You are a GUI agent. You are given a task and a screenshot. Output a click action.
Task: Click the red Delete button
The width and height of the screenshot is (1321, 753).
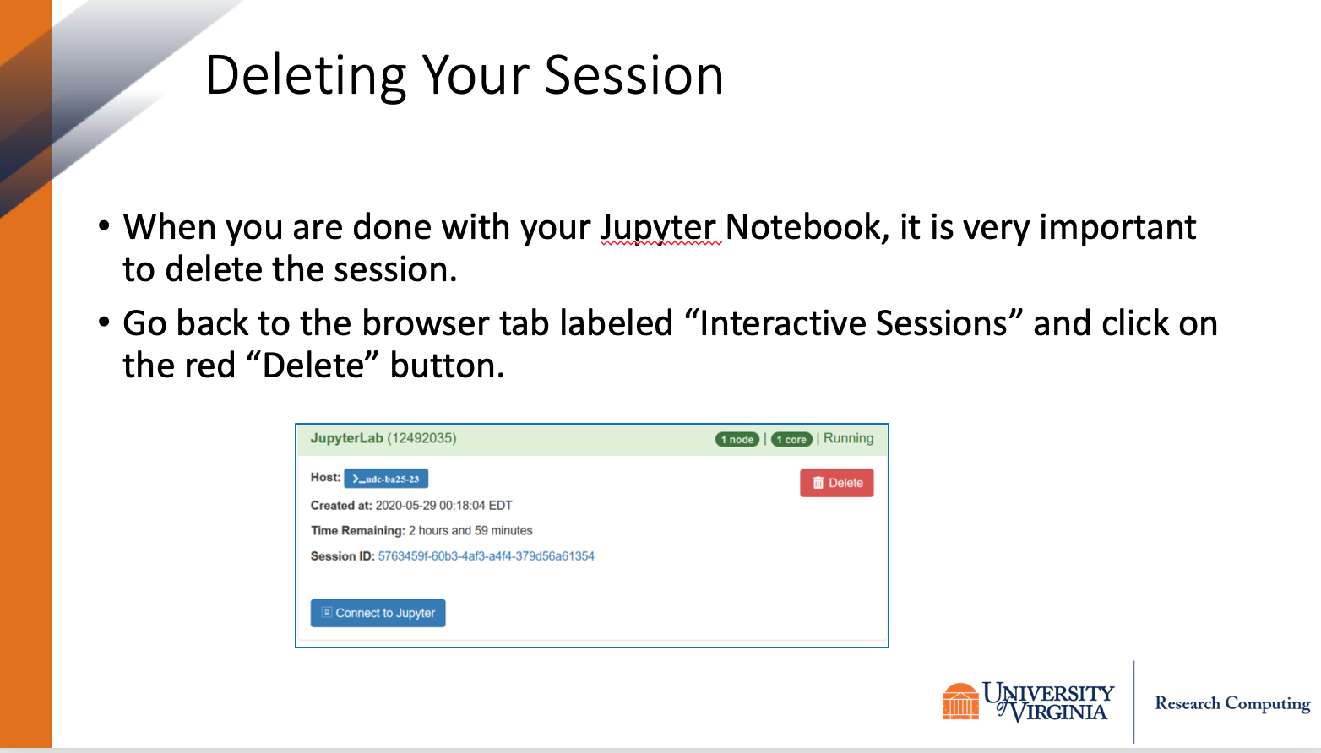pos(836,483)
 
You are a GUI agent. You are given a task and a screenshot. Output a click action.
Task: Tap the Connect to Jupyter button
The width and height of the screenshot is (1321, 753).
pos(378,613)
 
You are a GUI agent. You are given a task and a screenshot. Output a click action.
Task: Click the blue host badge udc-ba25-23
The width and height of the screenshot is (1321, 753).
pos(386,479)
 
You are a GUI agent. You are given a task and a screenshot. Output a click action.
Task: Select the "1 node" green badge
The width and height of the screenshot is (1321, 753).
pos(737,439)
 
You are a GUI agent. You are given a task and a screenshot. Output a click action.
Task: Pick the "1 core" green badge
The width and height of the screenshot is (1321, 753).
pos(791,439)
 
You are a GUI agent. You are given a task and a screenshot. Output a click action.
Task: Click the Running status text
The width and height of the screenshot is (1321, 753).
pos(849,438)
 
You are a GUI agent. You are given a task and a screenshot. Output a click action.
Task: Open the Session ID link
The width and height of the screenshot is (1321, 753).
pos(486,556)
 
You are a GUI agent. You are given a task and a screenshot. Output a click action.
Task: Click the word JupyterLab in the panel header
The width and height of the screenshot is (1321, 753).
pos(347,438)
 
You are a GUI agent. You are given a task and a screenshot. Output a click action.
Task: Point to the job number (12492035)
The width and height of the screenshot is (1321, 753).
pos(421,438)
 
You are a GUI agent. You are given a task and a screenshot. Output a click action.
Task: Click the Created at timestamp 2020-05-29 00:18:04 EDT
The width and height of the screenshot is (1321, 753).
pos(444,506)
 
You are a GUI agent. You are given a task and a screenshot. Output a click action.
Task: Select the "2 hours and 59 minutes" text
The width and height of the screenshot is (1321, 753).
pos(470,530)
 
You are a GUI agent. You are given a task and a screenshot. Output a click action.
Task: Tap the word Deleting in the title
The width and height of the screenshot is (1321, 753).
pos(306,77)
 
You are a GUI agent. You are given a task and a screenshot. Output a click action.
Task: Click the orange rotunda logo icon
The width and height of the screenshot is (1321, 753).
pos(960,702)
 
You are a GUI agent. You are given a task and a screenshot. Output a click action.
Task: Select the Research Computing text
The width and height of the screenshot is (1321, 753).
pos(1232,703)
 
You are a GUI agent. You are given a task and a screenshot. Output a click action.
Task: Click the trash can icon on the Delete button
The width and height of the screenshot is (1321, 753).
pos(818,483)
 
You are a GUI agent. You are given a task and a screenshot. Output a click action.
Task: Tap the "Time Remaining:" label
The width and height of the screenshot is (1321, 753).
pos(358,530)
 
